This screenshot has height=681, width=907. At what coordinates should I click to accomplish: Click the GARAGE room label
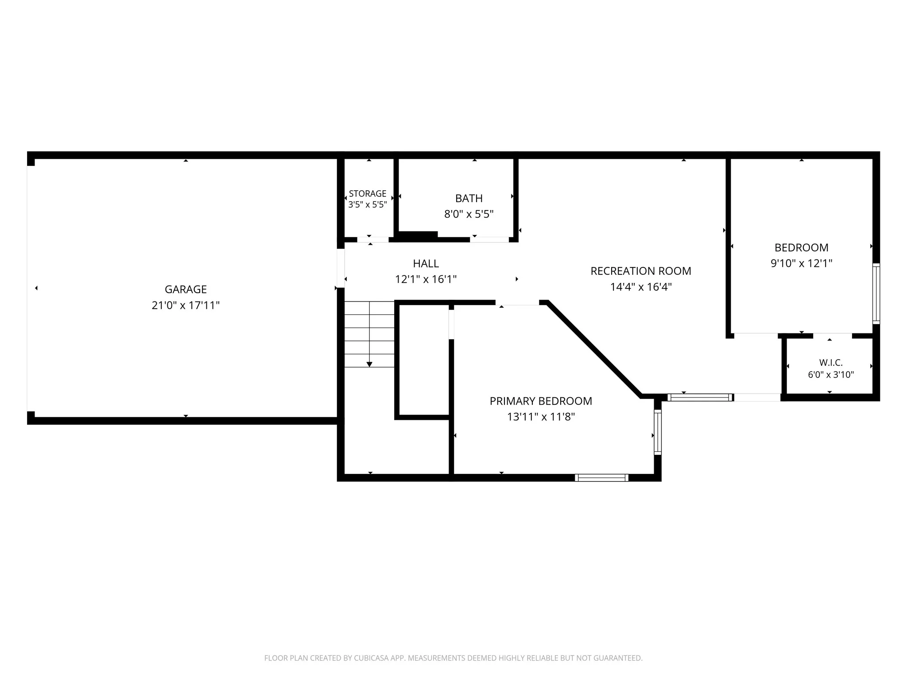click(186, 290)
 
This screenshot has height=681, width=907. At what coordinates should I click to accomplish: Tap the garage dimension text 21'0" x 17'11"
click(186, 305)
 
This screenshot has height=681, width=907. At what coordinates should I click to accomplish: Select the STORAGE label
click(368, 194)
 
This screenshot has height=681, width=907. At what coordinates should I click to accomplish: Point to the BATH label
click(469, 199)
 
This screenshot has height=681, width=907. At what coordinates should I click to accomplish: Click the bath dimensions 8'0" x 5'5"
click(469, 215)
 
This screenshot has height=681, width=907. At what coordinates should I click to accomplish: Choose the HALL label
click(426, 264)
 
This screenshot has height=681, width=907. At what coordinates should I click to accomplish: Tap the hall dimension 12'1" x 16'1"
click(426, 279)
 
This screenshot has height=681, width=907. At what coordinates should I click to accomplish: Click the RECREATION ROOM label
click(641, 271)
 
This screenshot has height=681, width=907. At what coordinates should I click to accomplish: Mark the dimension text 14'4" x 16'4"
click(641, 287)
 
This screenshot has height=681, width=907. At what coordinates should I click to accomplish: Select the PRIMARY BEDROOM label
click(541, 401)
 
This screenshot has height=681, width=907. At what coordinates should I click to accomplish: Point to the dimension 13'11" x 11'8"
click(541, 417)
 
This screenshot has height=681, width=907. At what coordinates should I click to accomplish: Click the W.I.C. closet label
click(831, 363)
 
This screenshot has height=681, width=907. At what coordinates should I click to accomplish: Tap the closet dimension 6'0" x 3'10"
click(831, 375)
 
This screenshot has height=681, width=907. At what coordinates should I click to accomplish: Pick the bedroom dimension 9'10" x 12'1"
click(802, 263)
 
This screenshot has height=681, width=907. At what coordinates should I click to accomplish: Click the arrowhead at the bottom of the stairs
click(369, 364)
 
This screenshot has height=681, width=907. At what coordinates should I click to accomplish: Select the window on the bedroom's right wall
click(876, 294)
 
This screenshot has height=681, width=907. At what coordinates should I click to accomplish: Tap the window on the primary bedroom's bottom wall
click(601, 477)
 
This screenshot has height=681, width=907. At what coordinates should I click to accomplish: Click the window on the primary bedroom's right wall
click(658, 432)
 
